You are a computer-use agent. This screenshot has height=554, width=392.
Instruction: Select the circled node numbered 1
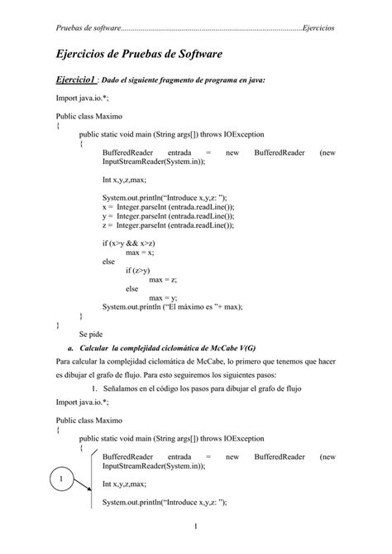pyautogui.click(x=55, y=479)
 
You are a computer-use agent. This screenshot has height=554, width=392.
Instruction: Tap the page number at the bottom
pyautogui.click(x=195, y=527)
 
